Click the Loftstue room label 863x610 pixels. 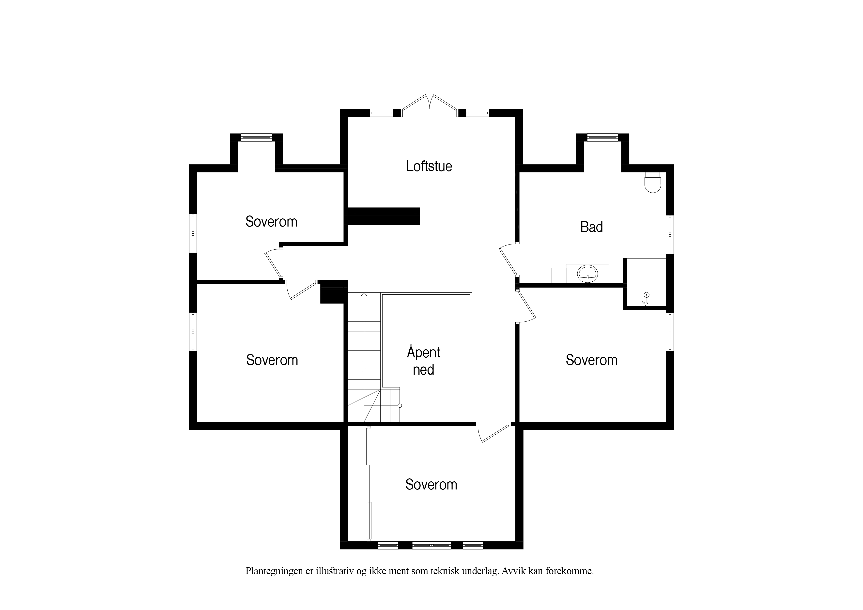click(429, 166)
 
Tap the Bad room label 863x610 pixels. click(592, 227)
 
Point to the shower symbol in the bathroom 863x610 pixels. click(646, 299)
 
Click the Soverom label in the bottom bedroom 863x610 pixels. click(431, 485)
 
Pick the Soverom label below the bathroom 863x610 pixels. click(592, 360)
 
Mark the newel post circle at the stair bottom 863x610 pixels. click(400, 406)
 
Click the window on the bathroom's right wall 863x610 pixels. click(670, 234)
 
